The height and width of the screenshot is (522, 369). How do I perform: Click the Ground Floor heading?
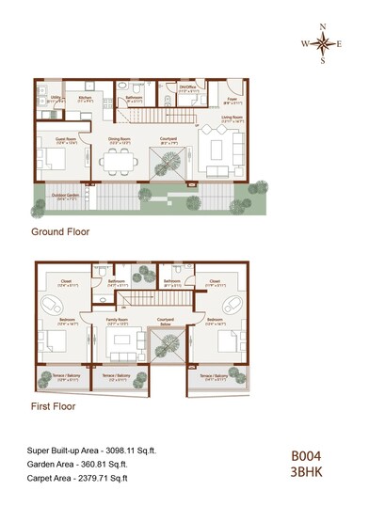point(61,231)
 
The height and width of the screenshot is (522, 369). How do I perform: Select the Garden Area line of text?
point(78,465)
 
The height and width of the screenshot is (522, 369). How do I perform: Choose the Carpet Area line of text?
point(78,478)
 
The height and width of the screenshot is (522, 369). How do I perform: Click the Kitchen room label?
point(84,97)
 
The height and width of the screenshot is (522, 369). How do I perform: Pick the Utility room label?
point(56,97)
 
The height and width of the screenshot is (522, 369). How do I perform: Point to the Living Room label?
point(233,119)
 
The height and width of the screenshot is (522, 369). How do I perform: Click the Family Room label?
point(118,320)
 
